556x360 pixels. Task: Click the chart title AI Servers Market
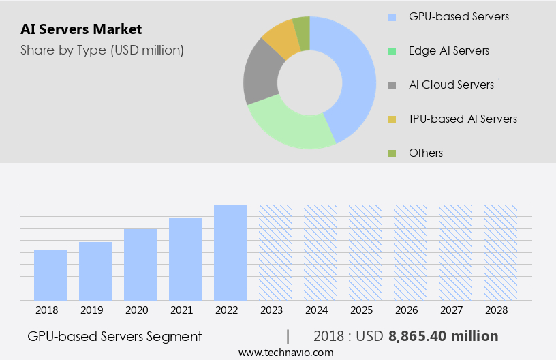pos(81,29)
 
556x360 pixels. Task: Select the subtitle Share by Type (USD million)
pos(102,50)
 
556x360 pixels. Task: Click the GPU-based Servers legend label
pos(458,16)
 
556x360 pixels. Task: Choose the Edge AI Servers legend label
pos(448,50)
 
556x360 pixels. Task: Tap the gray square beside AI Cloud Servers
pos(392,85)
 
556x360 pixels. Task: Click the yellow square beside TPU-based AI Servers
pos(392,119)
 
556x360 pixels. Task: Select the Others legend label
pos(425,153)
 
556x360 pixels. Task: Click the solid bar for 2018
pos(50,275)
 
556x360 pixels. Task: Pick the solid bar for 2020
pos(140,265)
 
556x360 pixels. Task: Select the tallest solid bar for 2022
pos(230,252)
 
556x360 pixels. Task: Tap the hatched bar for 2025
pos(365,252)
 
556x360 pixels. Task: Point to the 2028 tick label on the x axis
pos(500,310)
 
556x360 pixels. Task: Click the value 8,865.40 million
pos(443,336)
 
